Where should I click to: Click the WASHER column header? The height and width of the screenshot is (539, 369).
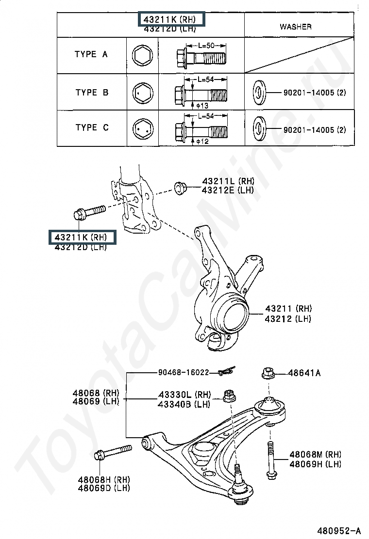pyautogui.click(x=295, y=26)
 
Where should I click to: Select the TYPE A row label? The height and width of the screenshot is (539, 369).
pyautogui.click(x=91, y=54)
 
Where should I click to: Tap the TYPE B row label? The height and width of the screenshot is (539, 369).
pyautogui.click(x=92, y=92)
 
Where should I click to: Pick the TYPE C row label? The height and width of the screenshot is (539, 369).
pyautogui.click(x=92, y=127)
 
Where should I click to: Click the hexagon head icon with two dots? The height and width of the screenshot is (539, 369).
pyautogui.click(x=142, y=128)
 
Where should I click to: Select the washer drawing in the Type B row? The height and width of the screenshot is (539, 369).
pyautogui.click(x=258, y=92)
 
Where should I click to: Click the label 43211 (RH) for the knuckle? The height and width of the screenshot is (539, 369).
pyautogui.click(x=288, y=308)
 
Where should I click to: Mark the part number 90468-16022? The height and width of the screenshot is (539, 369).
pyautogui.click(x=183, y=373)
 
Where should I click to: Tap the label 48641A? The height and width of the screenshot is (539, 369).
pyautogui.click(x=304, y=373)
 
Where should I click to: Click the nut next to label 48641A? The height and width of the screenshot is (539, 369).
pyautogui.click(x=268, y=373)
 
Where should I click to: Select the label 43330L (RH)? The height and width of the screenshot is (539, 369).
pyautogui.click(x=184, y=395)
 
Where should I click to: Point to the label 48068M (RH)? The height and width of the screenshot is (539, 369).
pyautogui.click(x=315, y=454)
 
